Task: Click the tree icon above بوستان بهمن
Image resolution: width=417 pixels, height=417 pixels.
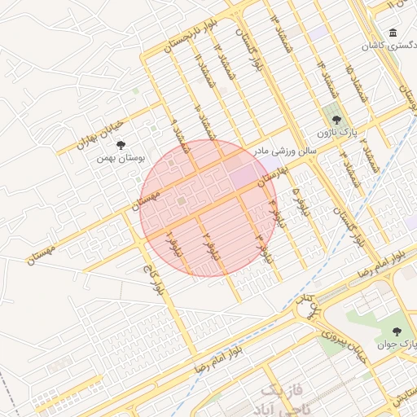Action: click(121, 146)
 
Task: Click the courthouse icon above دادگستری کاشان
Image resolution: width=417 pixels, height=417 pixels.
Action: click(393, 33)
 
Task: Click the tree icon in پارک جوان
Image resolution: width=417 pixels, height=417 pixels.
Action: click(397, 331)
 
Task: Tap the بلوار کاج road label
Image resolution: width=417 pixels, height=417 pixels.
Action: click(154, 279)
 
